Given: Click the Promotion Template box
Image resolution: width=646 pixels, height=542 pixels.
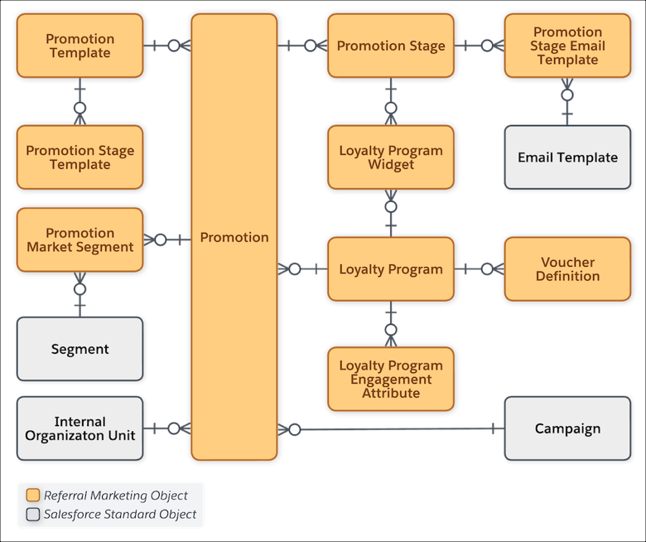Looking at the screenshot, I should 80,46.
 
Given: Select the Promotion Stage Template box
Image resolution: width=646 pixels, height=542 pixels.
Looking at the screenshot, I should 80,157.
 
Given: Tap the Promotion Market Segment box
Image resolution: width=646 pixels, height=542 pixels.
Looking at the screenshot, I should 80,240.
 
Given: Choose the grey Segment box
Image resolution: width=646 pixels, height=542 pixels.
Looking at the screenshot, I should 80,349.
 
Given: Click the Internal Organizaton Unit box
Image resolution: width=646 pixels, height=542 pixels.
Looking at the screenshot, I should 80,428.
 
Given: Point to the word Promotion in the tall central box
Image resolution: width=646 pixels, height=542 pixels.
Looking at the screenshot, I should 234,237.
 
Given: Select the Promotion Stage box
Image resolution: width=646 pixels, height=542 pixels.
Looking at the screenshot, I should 390,46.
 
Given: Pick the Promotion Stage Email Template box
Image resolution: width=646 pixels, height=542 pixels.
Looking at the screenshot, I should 567,46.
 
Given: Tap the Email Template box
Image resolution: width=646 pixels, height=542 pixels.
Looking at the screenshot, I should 567,157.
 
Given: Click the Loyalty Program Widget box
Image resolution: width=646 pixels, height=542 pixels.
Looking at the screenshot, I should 390,157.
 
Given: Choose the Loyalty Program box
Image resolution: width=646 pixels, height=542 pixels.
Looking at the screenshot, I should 390,269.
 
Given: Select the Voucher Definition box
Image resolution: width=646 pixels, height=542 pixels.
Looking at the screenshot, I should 567,269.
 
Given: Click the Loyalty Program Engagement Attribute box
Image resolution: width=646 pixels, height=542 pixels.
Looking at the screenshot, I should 390,379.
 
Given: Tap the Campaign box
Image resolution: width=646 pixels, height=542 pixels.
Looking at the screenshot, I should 567,428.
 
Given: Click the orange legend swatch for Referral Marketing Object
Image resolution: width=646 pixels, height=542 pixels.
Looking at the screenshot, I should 33,496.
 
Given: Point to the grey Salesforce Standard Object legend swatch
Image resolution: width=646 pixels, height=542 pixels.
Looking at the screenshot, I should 33,515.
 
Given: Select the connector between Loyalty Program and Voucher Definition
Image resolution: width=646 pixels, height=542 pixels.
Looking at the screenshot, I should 479,269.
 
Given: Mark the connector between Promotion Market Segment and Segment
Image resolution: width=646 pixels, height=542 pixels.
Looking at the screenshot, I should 80,294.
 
